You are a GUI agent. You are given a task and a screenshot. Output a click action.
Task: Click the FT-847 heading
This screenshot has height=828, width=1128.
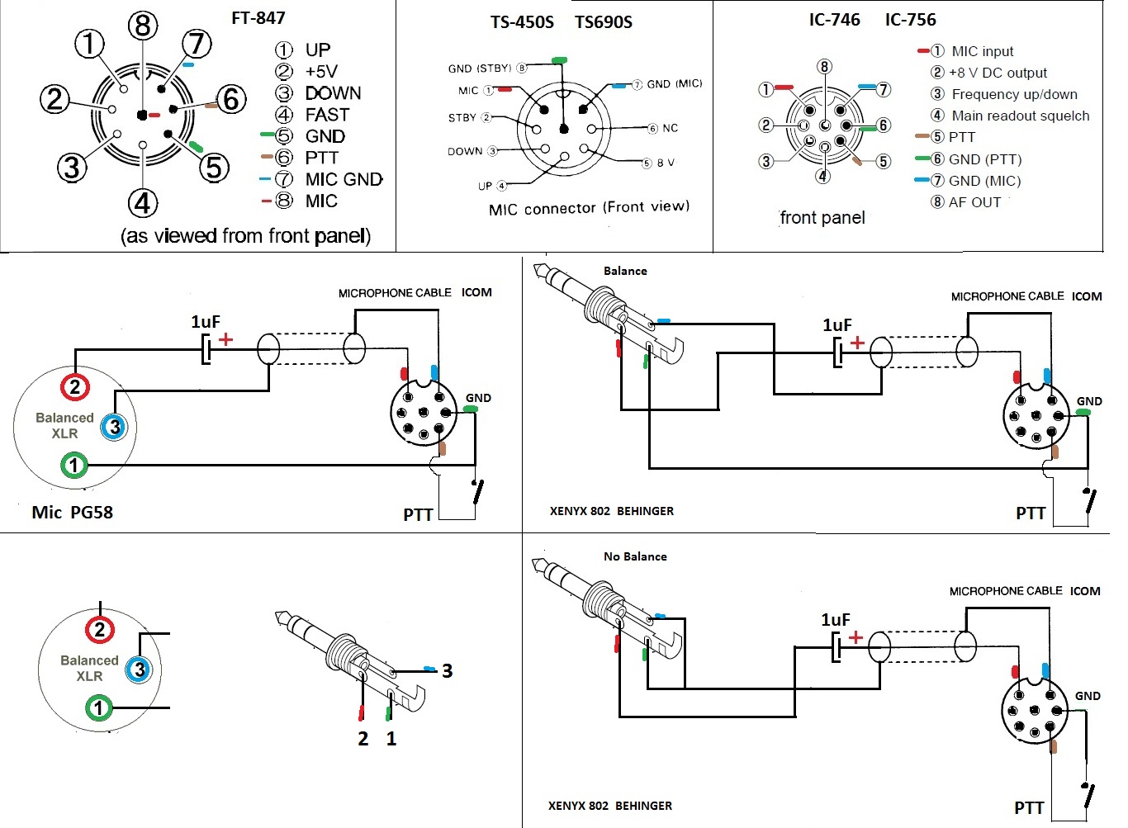(258, 17)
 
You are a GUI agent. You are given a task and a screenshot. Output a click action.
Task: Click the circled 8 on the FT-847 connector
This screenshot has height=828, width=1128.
(143, 26)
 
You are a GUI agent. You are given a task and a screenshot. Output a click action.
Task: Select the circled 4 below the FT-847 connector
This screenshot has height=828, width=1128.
(143, 203)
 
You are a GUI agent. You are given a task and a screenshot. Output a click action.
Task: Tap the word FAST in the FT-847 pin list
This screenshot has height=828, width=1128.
(327, 115)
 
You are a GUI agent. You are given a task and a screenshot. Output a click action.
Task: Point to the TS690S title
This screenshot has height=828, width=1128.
(604, 22)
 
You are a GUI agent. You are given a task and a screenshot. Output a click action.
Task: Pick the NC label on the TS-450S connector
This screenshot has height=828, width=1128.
(670, 128)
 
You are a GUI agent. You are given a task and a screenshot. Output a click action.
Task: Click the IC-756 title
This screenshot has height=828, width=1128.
(910, 20)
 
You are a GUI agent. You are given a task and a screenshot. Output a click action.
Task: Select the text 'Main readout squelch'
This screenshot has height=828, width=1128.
(1020, 116)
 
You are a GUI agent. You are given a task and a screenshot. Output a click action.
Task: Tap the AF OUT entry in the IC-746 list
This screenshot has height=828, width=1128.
(974, 202)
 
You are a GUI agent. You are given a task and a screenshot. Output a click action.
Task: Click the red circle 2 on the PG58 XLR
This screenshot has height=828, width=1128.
(75, 386)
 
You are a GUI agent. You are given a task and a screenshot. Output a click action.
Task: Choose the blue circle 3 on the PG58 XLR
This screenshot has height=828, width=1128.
(114, 427)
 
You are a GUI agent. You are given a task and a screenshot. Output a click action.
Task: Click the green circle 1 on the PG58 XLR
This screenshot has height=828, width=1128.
(74, 465)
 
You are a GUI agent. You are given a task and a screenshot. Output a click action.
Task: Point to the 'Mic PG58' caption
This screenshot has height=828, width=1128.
(72, 512)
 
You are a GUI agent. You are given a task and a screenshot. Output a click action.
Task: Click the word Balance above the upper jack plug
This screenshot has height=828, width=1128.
(625, 271)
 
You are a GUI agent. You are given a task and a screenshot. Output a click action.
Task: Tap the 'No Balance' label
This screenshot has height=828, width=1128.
(635, 556)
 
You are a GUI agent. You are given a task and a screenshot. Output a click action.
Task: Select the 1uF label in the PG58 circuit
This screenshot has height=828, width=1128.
(206, 322)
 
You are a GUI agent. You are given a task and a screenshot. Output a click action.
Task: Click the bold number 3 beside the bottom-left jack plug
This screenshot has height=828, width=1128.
(447, 670)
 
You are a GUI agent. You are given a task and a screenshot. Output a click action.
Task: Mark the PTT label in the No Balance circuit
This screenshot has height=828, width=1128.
(1029, 807)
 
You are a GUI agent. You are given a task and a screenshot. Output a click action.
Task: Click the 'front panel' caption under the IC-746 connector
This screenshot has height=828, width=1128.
(822, 218)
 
